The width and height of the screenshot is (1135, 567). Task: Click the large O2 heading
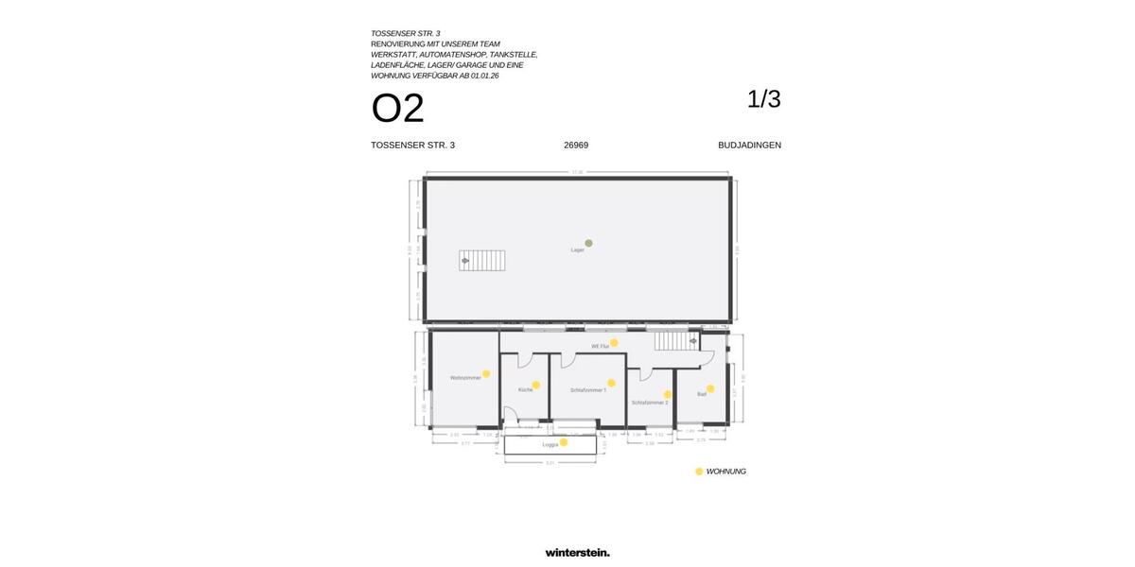tap(397, 109)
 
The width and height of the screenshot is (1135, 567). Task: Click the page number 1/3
tap(763, 99)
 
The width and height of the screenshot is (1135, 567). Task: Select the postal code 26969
tap(576, 146)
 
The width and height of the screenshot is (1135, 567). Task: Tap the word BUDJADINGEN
tap(749, 146)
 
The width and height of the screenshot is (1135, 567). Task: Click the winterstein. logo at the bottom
tap(577, 553)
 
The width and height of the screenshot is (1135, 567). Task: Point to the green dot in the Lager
tap(588, 243)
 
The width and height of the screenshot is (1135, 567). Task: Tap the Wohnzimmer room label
tap(465, 378)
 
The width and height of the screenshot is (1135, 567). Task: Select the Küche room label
tap(525, 389)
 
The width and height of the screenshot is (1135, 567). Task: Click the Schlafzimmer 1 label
tap(587, 389)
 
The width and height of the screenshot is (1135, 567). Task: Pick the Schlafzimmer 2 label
tap(650, 403)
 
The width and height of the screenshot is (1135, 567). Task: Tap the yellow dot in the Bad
tap(710, 388)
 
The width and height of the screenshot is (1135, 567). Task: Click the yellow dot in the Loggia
tap(564, 442)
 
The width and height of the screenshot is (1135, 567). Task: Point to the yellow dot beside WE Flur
tap(614, 343)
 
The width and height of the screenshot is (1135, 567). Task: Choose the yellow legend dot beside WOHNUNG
tap(699, 472)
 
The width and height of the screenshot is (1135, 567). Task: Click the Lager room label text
tap(577, 250)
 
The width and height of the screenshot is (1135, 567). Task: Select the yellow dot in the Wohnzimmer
tap(486, 374)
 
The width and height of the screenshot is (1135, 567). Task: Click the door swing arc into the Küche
tap(524, 360)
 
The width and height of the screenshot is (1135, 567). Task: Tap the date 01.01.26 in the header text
tap(484, 76)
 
